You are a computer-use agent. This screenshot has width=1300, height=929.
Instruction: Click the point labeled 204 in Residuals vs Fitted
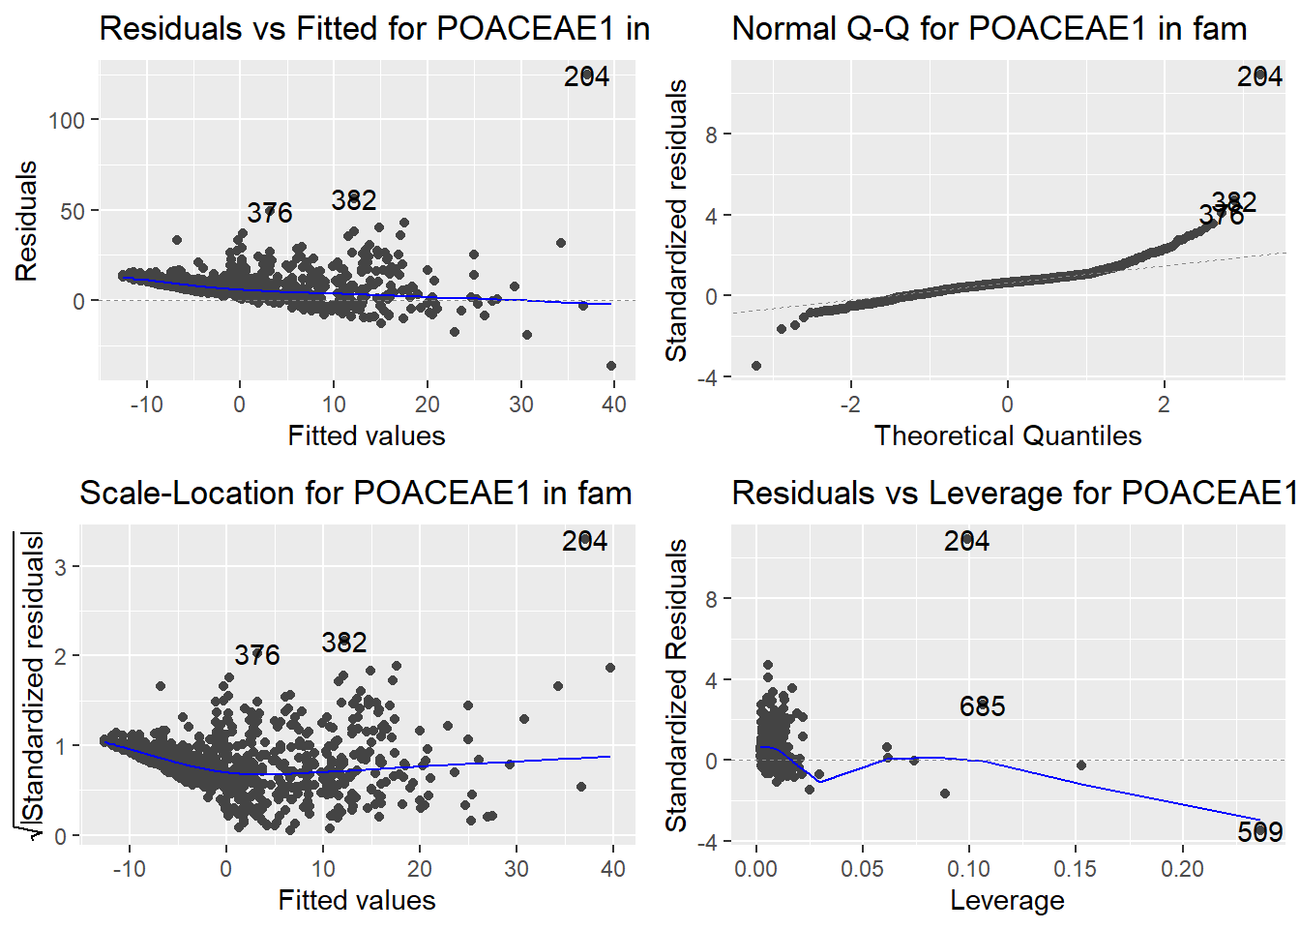pyautogui.click(x=586, y=74)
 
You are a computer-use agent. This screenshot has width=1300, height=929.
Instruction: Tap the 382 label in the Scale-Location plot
pyautogui.click(x=344, y=643)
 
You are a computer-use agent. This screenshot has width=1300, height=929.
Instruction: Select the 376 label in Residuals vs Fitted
pyautogui.click(x=269, y=213)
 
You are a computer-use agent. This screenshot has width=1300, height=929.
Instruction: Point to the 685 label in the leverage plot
pyautogui.click(x=982, y=706)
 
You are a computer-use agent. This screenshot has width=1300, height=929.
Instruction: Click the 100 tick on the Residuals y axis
pyautogui.click(x=67, y=120)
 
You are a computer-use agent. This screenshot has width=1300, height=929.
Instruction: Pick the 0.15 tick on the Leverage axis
pyautogui.click(x=1076, y=868)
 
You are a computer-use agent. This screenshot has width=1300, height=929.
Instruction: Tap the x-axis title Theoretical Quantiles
pyautogui.click(x=1007, y=435)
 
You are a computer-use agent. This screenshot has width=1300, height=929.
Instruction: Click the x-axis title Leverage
pyautogui.click(x=1007, y=900)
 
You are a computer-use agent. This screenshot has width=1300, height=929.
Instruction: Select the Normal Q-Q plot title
pyautogui.click(x=989, y=28)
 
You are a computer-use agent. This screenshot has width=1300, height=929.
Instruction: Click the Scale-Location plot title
pyautogui.click(x=355, y=493)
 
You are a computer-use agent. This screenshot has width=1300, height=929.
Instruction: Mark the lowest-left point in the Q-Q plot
pyautogui.click(x=756, y=366)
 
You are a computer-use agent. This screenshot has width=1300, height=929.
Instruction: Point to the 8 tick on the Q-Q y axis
pyautogui.click(x=712, y=135)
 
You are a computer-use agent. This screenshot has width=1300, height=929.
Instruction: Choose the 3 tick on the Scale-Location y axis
pyautogui.click(x=61, y=566)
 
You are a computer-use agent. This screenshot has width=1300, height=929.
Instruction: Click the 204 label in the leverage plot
pyautogui.click(x=966, y=541)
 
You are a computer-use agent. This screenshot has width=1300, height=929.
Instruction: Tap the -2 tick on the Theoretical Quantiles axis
pyautogui.click(x=850, y=404)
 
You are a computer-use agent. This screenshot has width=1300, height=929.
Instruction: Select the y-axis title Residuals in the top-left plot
pyautogui.click(x=26, y=222)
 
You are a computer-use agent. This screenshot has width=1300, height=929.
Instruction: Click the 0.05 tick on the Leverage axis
pyautogui.click(x=862, y=868)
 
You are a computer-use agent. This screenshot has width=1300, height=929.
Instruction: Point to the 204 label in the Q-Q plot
pyautogui.click(x=1259, y=76)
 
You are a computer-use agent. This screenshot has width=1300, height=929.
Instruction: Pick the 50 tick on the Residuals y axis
pyautogui.click(x=73, y=211)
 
